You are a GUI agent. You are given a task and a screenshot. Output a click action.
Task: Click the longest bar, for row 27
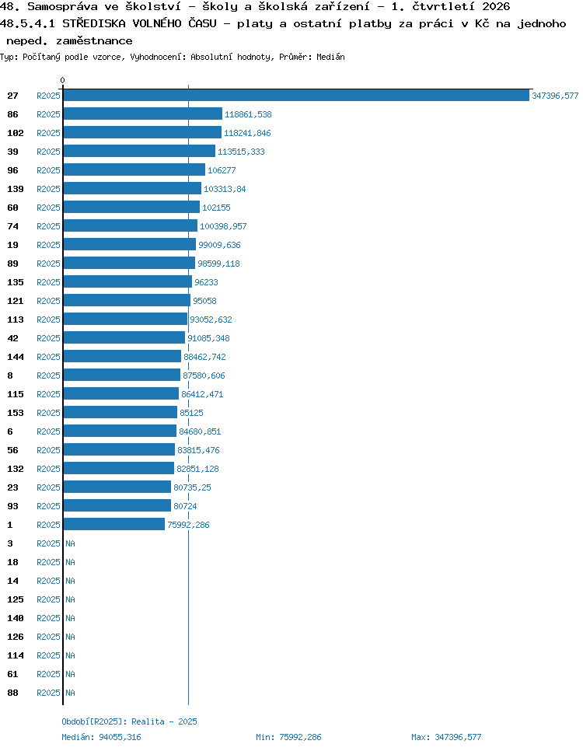point(296,96)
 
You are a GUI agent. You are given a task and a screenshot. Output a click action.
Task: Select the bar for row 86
point(143,114)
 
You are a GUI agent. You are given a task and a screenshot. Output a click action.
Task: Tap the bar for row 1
point(114,525)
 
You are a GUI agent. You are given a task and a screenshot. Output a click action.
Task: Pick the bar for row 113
point(125,319)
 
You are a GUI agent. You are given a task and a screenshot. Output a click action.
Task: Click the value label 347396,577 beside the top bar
point(555,96)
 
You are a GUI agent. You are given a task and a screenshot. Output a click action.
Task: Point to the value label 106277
point(222,170)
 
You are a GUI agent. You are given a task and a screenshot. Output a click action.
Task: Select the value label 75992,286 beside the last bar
point(188,525)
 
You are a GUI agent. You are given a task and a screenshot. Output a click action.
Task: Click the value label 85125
point(191,413)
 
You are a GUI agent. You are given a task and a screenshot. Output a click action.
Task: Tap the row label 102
point(16,133)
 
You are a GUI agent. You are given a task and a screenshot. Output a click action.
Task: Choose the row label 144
point(16,357)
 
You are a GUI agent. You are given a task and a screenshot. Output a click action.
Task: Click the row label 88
point(13,693)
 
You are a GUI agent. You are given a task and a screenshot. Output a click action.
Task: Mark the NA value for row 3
point(71,543)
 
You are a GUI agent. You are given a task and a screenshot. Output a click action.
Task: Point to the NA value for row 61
point(71,674)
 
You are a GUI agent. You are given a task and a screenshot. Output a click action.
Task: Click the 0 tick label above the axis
point(62,81)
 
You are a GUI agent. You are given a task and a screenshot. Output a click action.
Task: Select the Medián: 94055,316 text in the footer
point(102,737)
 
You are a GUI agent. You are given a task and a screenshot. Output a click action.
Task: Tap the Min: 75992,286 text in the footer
point(288,737)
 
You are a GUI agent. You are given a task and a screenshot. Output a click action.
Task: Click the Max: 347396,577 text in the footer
point(446,737)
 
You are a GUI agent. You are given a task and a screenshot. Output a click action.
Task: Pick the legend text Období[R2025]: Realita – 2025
point(129,721)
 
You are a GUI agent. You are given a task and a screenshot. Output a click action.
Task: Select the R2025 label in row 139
point(48,189)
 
